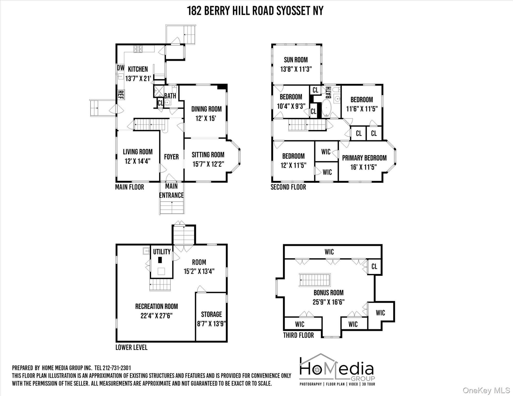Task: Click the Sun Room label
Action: click(296, 60)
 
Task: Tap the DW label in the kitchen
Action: click(121, 68)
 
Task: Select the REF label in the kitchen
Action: click(121, 95)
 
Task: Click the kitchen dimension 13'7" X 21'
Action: click(138, 78)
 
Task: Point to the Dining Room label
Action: click(206, 109)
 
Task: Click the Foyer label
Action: click(171, 157)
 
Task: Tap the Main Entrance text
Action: click(171, 191)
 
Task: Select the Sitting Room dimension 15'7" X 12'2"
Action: click(208, 164)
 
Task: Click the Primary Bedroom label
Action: click(364, 158)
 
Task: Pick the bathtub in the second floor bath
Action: click(327, 108)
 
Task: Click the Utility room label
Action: click(162, 252)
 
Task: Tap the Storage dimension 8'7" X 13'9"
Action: click(211, 324)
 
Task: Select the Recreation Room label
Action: click(156, 306)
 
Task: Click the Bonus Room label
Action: click(328, 293)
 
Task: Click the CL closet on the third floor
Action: click(374, 266)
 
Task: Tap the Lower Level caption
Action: click(131, 347)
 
